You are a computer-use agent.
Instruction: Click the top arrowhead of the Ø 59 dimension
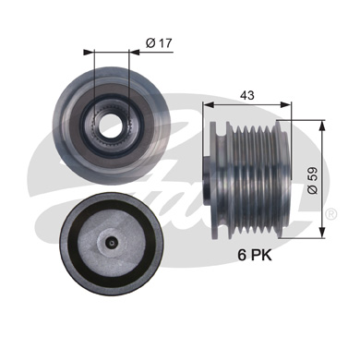tap(322, 126)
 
